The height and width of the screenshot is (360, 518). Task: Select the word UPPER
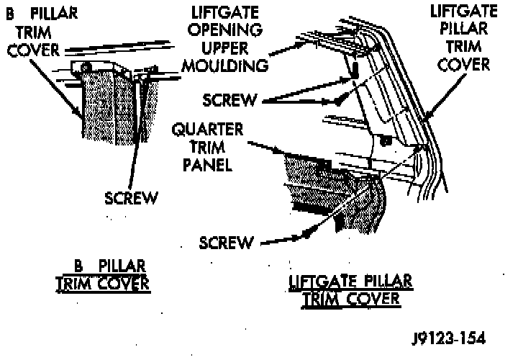(x=227, y=49)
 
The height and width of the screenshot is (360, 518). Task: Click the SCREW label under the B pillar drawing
(x=130, y=197)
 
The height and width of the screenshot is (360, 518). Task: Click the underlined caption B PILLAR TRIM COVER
(x=103, y=276)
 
